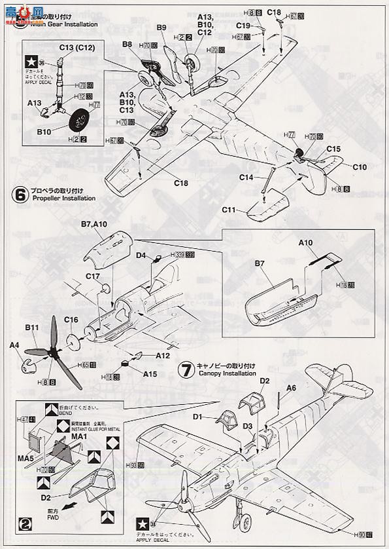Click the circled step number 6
pyautogui.click(x=20, y=194)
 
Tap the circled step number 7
pyautogui.click(x=188, y=370)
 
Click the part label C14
pyautogui.click(x=246, y=178)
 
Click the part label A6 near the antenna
pyautogui.click(x=291, y=388)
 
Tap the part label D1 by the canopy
pyautogui.click(x=199, y=416)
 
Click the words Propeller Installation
pyautogui.click(x=62, y=198)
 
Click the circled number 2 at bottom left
pyautogui.click(x=25, y=523)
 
